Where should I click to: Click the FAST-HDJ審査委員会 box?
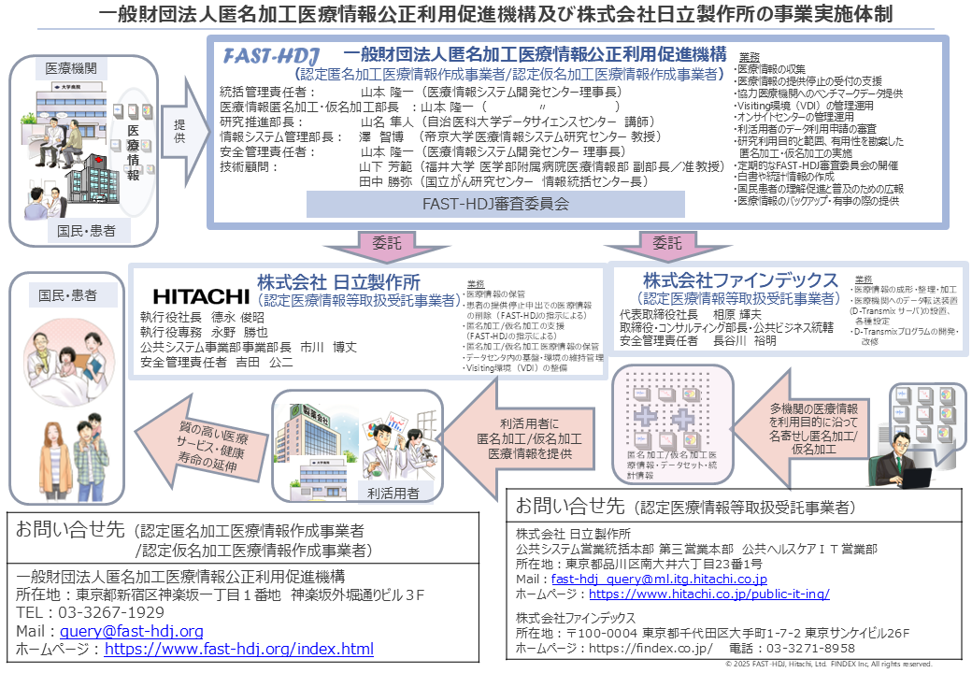[494, 203]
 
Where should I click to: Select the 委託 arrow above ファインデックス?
[666, 245]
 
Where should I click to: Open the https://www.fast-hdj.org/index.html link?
[240, 649]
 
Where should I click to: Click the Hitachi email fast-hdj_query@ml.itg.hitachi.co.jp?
[660, 580]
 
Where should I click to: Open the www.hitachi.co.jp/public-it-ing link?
[709, 594]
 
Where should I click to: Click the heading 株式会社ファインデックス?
[740, 280]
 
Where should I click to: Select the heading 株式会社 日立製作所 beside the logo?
[338, 281]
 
